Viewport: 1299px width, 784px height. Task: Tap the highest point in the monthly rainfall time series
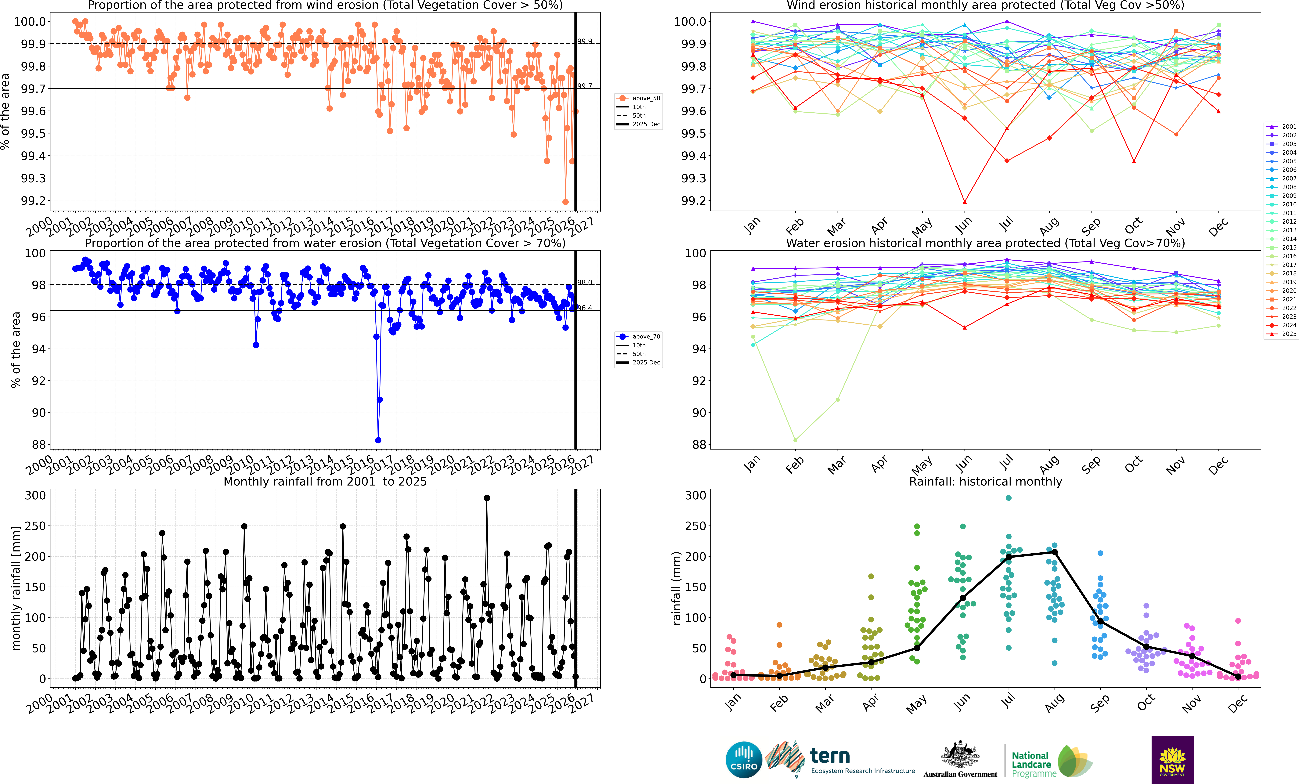pyautogui.click(x=487, y=498)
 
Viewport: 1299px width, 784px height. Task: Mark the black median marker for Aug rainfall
pyautogui.click(x=1054, y=552)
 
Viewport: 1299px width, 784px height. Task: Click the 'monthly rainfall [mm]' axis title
pyautogui.click(x=16, y=588)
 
